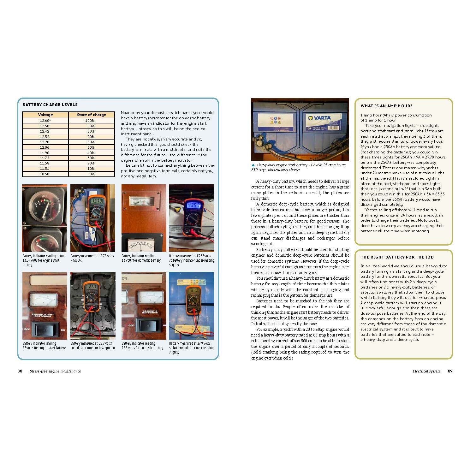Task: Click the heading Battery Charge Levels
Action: (50, 105)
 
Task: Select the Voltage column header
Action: (45, 115)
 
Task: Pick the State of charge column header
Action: (92, 115)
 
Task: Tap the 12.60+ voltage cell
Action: (45, 121)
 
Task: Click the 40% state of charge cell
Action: (91, 153)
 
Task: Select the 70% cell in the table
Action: (91, 137)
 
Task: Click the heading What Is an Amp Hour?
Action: (386, 106)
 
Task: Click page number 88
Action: (20, 371)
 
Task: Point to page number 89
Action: (450, 371)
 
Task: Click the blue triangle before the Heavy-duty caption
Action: (253, 165)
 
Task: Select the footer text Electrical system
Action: (426, 371)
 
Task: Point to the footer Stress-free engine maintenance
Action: (55, 371)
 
